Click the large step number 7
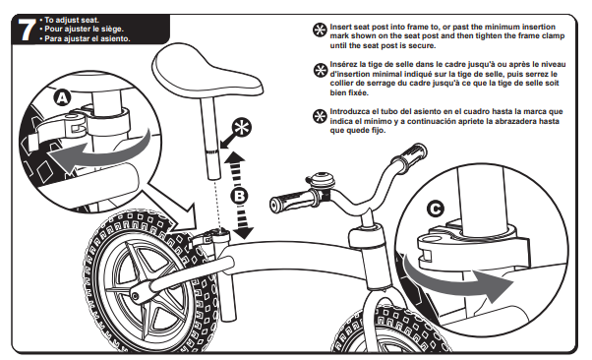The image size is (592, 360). [26, 30]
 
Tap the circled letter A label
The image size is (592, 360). [62, 97]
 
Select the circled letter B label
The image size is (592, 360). [239, 196]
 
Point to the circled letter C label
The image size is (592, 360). [435, 209]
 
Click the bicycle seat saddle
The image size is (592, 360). [207, 74]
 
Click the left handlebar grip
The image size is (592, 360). [292, 201]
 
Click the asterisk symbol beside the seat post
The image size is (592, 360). [242, 128]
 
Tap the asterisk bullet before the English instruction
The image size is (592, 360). [320, 30]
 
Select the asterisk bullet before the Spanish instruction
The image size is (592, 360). [320, 116]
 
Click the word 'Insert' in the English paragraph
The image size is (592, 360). [341, 27]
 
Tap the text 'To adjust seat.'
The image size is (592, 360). [72, 20]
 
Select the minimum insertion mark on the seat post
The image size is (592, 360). [211, 151]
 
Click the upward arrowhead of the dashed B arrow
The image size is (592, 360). [235, 157]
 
